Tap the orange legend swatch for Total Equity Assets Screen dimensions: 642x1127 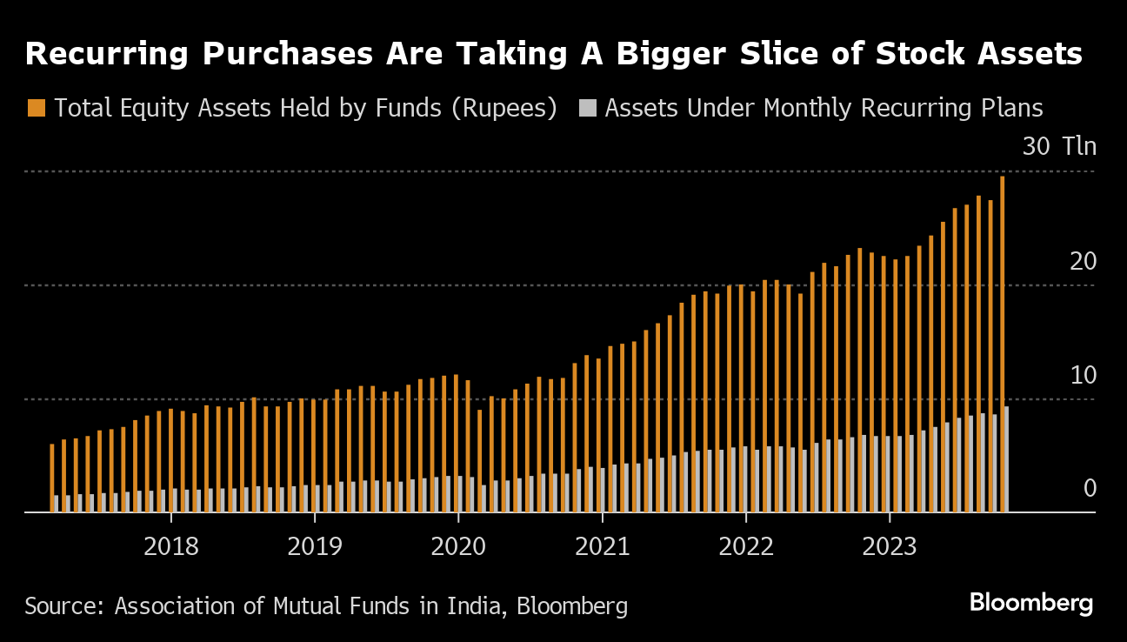click(x=36, y=109)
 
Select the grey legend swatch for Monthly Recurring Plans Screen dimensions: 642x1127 click(x=588, y=109)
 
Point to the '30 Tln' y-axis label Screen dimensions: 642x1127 click(x=1059, y=146)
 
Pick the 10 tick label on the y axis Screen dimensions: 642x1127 click(x=1083, y=375)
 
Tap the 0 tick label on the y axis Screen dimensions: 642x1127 click(x=1090, y=489)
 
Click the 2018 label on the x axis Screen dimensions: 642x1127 click(x=171, y=546)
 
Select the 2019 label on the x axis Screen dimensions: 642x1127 click(x=315, y=546)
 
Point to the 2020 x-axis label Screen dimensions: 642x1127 click(x=458, y=546)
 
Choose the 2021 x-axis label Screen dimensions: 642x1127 click(x=603, y=546)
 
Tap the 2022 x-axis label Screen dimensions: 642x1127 click(x=746, y=546)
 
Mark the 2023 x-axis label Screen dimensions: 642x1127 click(x=890, y=546)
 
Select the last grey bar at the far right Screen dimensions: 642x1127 click(x=1007, y=459)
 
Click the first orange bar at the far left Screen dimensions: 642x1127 click(x=52, y=478)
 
